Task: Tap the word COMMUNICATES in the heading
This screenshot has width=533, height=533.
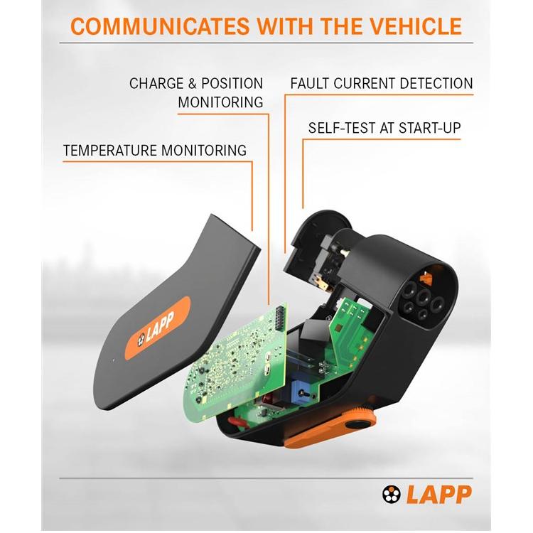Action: pyautogui.click(x=160, y=26)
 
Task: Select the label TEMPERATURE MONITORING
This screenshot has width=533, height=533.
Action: pyautogui.click(x=155, y=150)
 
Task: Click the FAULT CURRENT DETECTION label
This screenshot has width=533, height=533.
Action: pyautogui.click(x=382, y=83)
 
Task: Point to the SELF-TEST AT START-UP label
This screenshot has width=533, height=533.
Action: pyautogui.click(x=384, y=128)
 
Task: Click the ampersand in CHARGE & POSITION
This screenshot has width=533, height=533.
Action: pyautogui.click(x=192, y=83)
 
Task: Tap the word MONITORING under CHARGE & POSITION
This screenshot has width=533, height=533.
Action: pyautogui.click(x=220, y=102)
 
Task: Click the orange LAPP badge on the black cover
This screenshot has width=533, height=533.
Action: pyautogui.click(x=158, y=328)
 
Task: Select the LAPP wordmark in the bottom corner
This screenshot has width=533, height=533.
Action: pyautogui.click(x=439, y=494)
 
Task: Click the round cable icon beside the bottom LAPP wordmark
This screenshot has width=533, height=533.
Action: pyautogui.click(x=392, y=494)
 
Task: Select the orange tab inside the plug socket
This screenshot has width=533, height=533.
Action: pyautogui.click(x=426, y=279)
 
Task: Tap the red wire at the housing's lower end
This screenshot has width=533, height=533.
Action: pyautogui.click(x=235, y=421)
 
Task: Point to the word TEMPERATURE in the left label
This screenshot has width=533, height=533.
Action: pyautogui.click(x=110, y=150)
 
